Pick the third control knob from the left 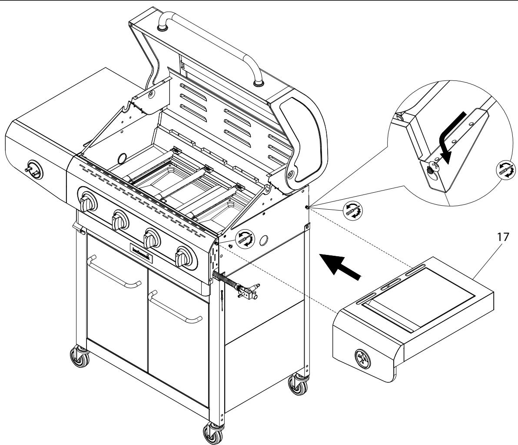[x=151, y=239]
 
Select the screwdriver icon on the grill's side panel [x=244, y=239]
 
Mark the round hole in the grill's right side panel [x=263, y=240]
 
